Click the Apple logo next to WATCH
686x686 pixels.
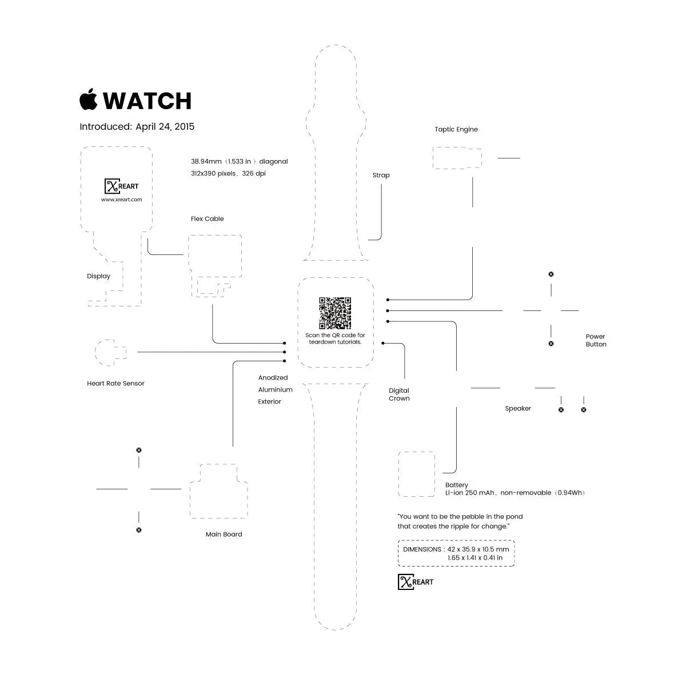click(x=88, y=99)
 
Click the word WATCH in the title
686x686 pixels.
click(x=147, y=101)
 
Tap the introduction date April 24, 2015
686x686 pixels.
click(x=165, y=126)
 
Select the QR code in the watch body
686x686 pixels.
click(x=334, y=313)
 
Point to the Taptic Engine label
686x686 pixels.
click(x=456, y=129)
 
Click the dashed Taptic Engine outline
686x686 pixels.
click(x=457, y=158)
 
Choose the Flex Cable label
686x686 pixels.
click(x=207, y=218)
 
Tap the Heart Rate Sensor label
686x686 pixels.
click(x=115, y=383)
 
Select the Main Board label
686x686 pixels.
click(x=224, y=534)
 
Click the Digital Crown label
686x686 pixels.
click(x=399, y=394)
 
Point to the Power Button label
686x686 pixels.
click(x=596, y=340)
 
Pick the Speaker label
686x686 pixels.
click(x=517, y=408)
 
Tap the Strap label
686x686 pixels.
click(x=381, y=175)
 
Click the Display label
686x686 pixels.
click(x=98, y=276)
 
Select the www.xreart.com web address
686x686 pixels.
click(x=121, y=200)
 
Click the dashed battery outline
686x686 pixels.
click(x=417, y=474)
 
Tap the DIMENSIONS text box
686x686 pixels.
click(x=456, y=553)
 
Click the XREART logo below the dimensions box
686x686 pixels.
click(x=416, y=582)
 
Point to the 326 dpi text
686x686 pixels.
click(x=254, y=173)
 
